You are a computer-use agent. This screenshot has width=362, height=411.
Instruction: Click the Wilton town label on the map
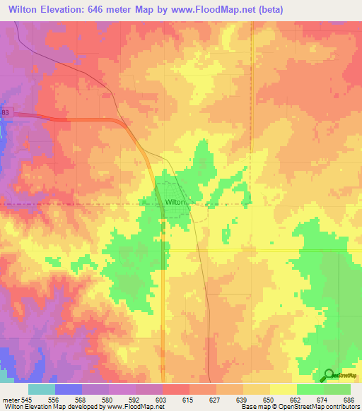(x=175, y=202)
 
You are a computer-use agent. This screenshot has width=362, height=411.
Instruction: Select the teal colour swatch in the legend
(x=42, y=389)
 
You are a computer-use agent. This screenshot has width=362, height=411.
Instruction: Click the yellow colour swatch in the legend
(x=283, y=389)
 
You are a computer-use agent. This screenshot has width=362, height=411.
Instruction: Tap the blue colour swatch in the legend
(x=69, y=389)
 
